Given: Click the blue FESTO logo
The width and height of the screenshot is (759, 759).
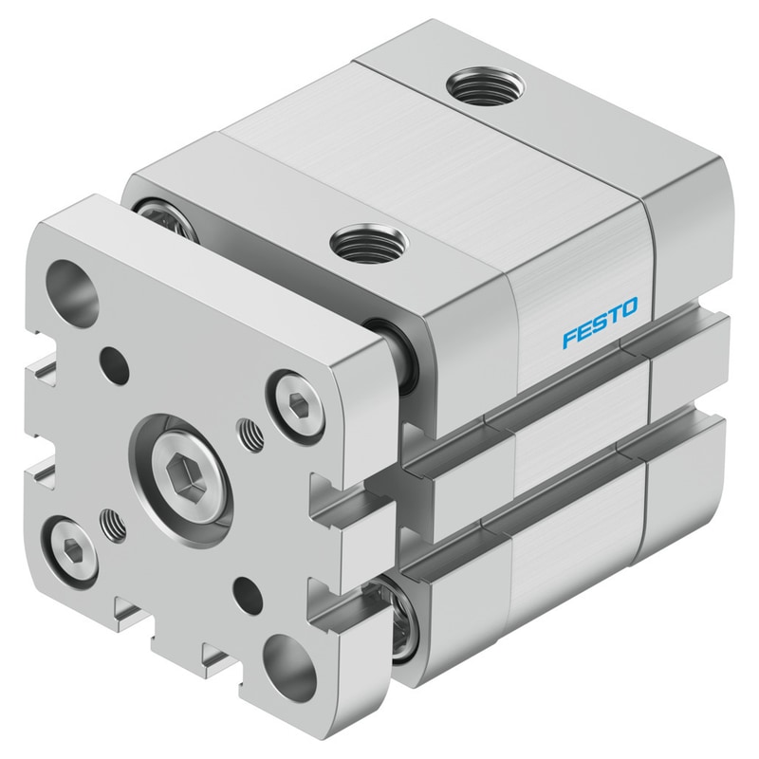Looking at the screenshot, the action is [x=600, y=323].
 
